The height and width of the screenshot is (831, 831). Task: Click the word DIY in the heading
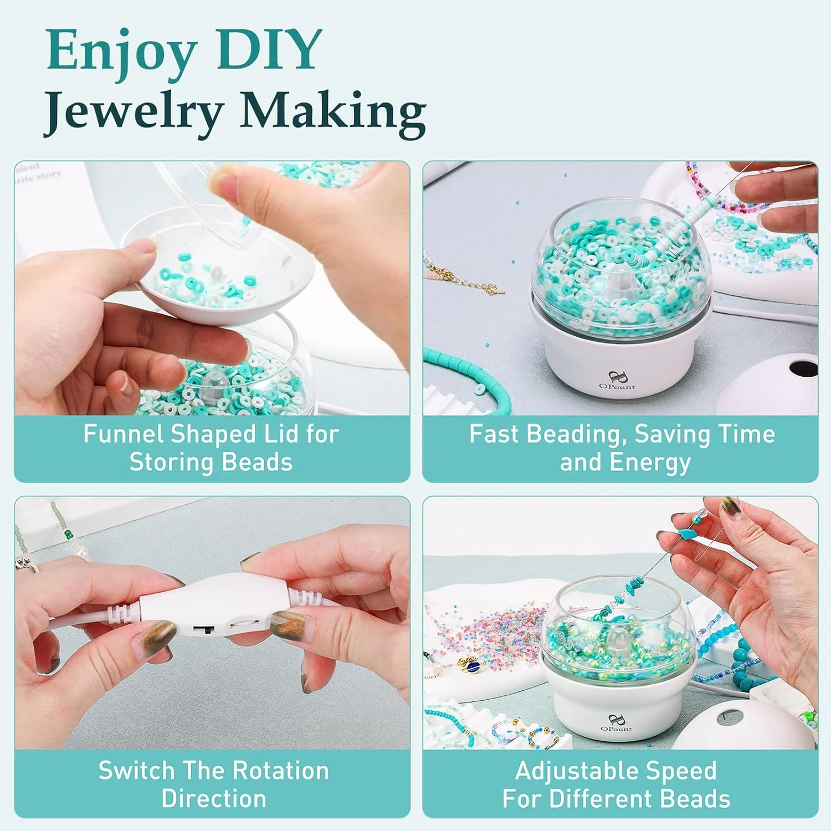coord(269,50)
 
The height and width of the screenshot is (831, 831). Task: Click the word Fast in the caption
coord(494,434)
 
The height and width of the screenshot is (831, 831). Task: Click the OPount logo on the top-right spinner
coord(617,381)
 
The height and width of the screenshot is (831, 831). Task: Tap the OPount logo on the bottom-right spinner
coord(615,724)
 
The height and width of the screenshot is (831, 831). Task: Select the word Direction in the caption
coord(214,799)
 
